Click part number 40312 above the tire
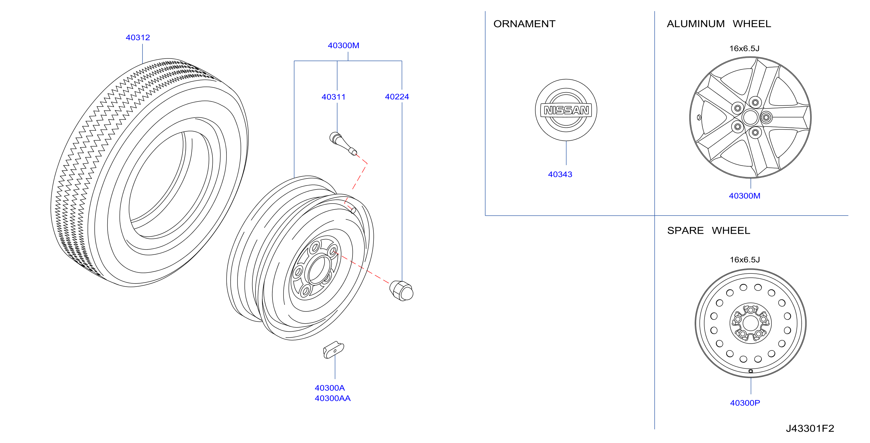point(138,37)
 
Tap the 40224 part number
point(397,97)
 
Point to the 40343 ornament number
point(560,174)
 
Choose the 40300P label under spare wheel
point(745,403)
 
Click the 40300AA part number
point(333,398)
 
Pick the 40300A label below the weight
point(330,388)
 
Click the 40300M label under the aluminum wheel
point(745,196)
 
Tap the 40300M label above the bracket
point(344,46)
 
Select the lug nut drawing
point(401,290)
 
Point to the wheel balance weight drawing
point(333,350)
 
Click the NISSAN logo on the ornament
point(566,110)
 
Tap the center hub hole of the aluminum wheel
point(750,117)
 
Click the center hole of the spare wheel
point(750,323)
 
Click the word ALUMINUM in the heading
point(696,24)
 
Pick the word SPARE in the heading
point(685,231)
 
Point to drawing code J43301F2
point(810,428)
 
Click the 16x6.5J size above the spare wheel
point(745,260)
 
